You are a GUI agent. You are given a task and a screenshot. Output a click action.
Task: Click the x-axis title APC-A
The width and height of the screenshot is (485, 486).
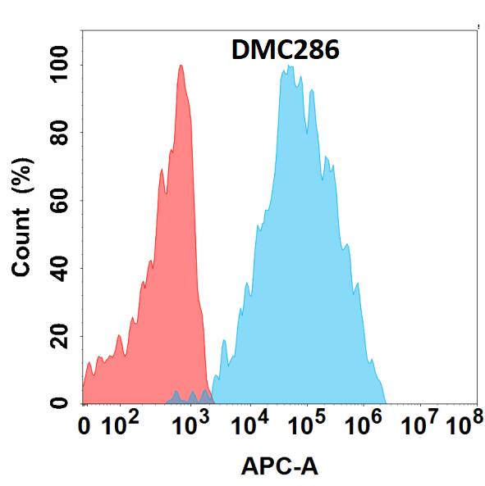pyautogui.click(x=280, y=467)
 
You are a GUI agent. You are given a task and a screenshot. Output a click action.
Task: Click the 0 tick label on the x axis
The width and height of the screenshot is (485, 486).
pyautogui.click(x=85, y=427)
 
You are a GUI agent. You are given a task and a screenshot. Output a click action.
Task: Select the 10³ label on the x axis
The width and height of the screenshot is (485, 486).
pyautogui.click(x=192, y=425)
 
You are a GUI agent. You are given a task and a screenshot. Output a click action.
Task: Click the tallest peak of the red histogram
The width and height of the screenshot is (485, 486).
pyautogui.click(x=181, y=66)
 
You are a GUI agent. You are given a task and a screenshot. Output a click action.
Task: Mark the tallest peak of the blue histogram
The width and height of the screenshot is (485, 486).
pyautogui.click(x=288, y=67)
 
